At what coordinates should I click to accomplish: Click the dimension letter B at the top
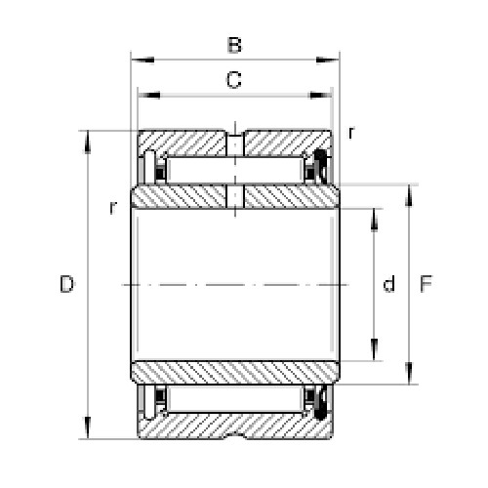pos(234,45)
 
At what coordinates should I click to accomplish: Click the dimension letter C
pos(234,80)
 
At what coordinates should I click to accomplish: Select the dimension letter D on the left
pos(67,284)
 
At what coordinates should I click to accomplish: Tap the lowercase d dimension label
pos(389,284)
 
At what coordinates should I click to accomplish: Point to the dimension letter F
pos(426,284)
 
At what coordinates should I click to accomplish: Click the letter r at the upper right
pos(351,133)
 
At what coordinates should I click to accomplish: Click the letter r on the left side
pos(113,208)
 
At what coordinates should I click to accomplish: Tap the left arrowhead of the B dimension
pos(142,60)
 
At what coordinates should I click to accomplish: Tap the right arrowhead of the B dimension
pos(328,60)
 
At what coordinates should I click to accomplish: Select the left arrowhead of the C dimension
pos(149,96)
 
